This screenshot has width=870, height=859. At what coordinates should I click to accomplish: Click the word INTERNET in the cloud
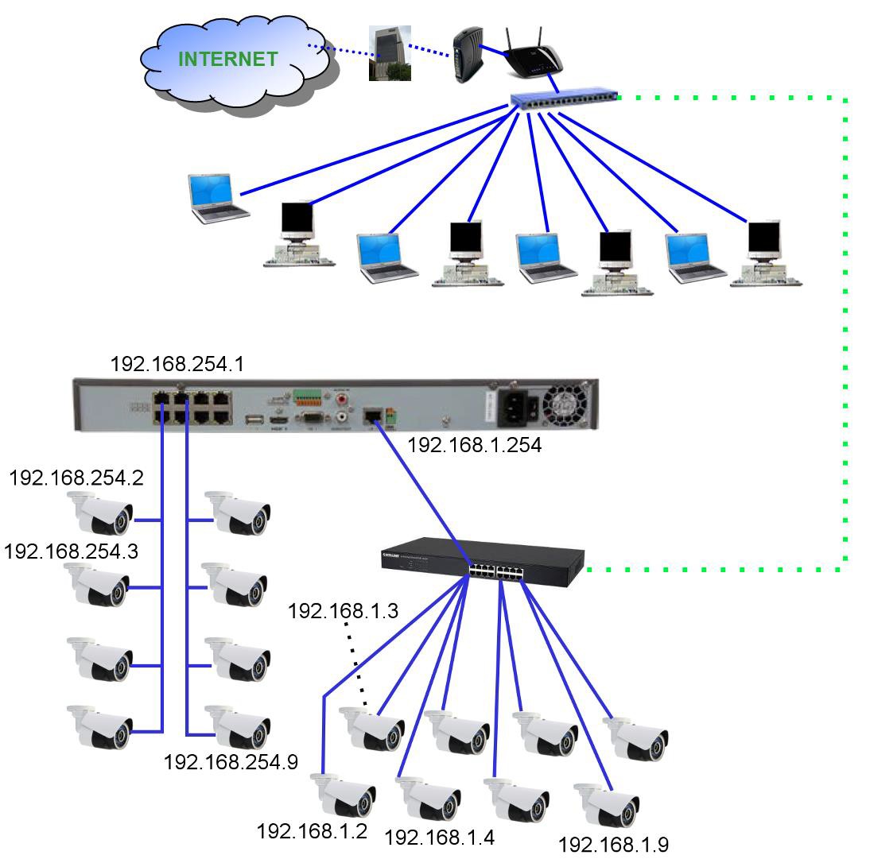pyautogui.click(x=227, y=59)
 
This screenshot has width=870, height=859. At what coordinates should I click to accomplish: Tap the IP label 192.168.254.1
pyautogui.click(x=177, y=364)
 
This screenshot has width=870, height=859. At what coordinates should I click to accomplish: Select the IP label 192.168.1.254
pyautogui.click(x=474, y=446)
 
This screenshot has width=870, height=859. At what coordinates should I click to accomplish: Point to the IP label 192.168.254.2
pyautogui.click(x=76, y=478)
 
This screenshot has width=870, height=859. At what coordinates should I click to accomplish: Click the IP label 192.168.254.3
pyautogui.click(x=71, y=551)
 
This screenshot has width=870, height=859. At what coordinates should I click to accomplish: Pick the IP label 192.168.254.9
pyautogui.click(x=231, y=761)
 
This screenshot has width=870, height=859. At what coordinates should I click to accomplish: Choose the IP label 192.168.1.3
pyautogui.click(x=343, y=611)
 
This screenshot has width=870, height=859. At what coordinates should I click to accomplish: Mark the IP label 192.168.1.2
pyautogui.click(x=311, y=831)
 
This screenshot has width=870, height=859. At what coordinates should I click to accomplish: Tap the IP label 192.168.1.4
pyautogui.click(x=439, y=837)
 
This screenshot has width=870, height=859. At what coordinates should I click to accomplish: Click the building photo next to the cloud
pyautogui.click(x=390, y=53)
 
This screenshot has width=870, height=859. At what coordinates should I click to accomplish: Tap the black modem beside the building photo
pyautogui.click(x=467, y=56)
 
